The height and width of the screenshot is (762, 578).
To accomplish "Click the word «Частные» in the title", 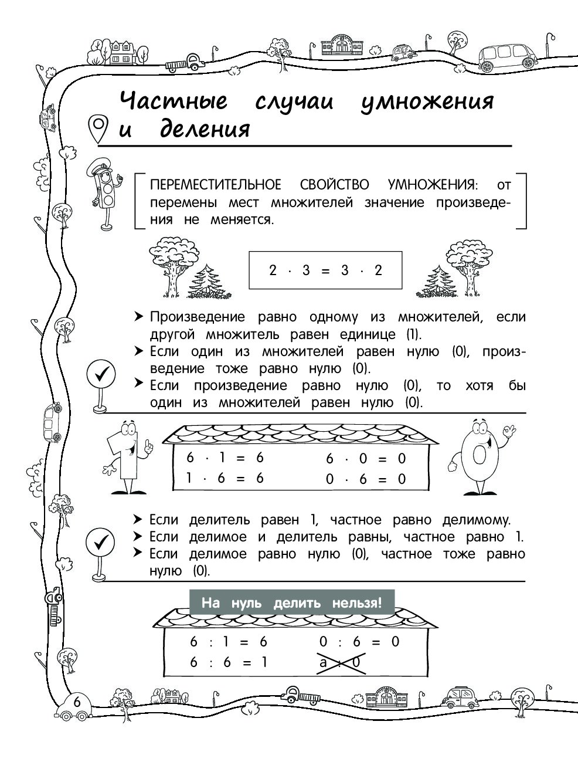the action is (x=174, y=101).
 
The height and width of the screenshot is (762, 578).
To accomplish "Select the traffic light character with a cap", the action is (x=105, y=194).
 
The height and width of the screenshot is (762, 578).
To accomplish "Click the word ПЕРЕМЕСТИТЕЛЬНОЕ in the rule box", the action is (x=215, y=185).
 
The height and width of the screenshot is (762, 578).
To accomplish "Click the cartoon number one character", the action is (x=127, y=457).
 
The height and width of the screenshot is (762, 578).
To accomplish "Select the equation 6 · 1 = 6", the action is (x=225, y=458).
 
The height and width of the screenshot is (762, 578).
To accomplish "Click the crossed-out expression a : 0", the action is (x=341, y=663).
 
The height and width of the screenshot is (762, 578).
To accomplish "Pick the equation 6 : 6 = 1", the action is (x=229, y=662).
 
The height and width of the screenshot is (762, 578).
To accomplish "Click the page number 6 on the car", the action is (x=77, y=702).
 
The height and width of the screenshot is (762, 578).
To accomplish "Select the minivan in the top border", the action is (x=508, y=57).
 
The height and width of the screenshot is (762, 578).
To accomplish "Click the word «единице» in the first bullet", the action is (x=368, y=334).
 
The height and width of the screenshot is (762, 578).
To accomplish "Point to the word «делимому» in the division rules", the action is (x=477, y=520).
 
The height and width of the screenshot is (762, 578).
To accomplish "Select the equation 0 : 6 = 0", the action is (x=359, y=642).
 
